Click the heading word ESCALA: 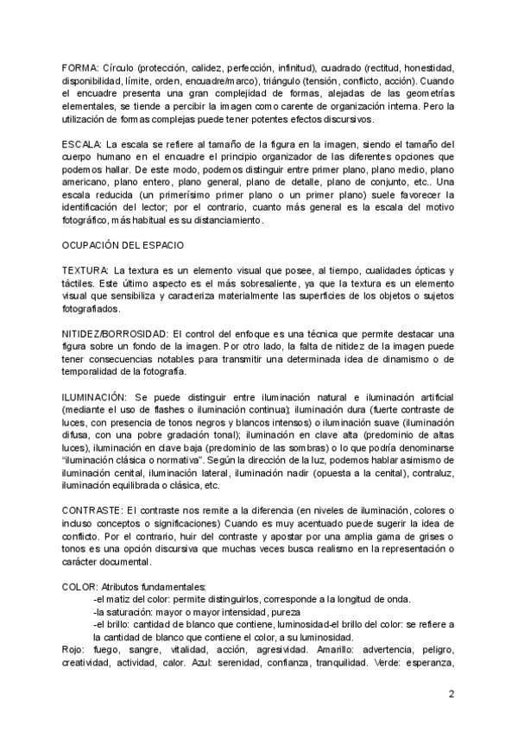82,143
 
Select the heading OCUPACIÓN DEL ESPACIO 121,245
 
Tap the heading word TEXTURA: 86,271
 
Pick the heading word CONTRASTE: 92,510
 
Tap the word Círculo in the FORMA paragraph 119,67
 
